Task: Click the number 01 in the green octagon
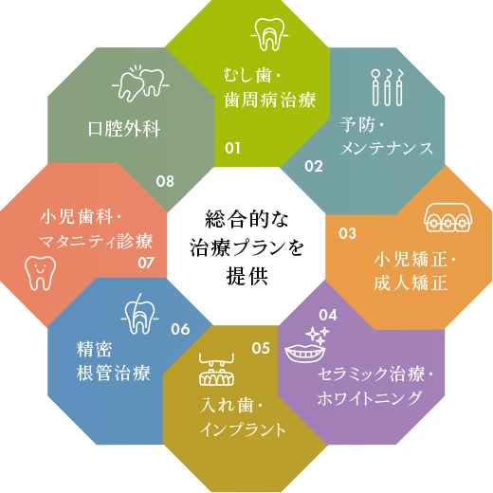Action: pyautogui.click(x=232, y=148)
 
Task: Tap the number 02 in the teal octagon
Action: pyautogui.click(x=314, y=167)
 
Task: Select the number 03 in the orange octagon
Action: pyautogui.click(x=347, y=233)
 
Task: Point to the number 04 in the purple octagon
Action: pyautogui.click(x=328, y=315)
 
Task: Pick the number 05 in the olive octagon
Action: pyautogui.click(x=261, y=348)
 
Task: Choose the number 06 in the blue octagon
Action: pyautogui.click(x=180, y=329)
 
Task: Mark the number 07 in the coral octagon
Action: pyautogui.click(x=146, y=263)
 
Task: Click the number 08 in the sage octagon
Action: pyautogui.click(x=165, y=181)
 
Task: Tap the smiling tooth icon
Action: pyautogui.click(x=40, y=273)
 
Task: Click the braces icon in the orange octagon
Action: pyautogui.click(x=448, y=218)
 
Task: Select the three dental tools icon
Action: pyautogui.click(x=388, y=87)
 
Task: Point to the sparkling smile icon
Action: pyautogui.click(x=306, y=345)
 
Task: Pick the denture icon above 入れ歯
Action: pyautogui.click(x=217, y=369)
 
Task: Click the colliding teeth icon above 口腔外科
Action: pyautogui.click(x=141, y=83)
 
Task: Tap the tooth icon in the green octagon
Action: pyautogui.click(x=269, y=34)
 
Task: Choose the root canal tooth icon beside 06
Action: pyautogui.click(x=139, y=314)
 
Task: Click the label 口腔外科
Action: pyautogui.click(x=124, y=129)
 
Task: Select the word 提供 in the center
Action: pyautogui.click(x=247, y=276)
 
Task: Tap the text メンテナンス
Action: pyautogui.click(x=387, y=149)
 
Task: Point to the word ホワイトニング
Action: pyautogui.click(x=370, y=398)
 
